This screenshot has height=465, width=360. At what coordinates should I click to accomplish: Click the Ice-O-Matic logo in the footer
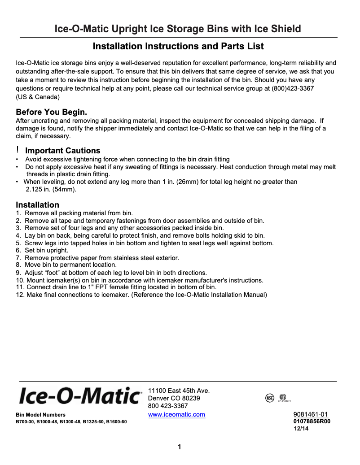coord(79,396)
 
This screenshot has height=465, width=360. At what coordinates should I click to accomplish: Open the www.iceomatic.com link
coord(176,414)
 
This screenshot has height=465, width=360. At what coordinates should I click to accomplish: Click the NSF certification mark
coord(270,398)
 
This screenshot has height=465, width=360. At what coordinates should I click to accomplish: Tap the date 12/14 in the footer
coord(301,429)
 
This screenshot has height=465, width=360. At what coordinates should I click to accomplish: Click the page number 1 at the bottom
coord(180,447)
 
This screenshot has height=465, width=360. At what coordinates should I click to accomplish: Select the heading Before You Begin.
coord(51,112)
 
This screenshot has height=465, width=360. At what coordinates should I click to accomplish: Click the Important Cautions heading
coord(62,151)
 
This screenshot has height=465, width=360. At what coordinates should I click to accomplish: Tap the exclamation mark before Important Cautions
coord(18,150)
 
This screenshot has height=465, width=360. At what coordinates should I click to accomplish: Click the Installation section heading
coord(37,205)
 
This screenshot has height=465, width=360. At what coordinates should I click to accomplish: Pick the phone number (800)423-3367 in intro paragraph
coord(293,88)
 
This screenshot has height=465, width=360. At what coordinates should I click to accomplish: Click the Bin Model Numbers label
coord(40,415)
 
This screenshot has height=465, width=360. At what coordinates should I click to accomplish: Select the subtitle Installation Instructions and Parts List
coord(178,46)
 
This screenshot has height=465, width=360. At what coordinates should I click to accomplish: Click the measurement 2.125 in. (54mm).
coord(51,190)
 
